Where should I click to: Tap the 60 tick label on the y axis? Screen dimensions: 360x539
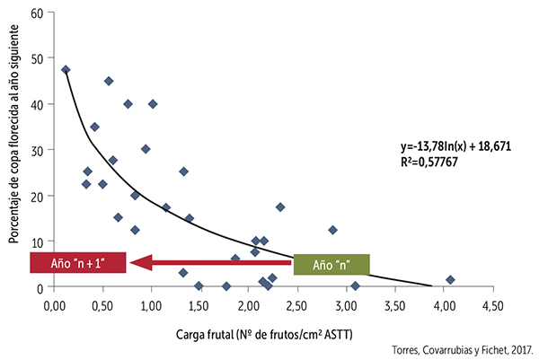click(x=37, y=13)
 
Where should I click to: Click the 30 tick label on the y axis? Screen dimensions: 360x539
click(x=37, y=150)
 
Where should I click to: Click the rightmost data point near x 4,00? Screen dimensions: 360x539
click(x=450, y=279)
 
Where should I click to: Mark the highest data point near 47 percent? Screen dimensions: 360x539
click(x=66, y=69)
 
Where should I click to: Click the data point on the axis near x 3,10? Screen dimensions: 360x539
click(x=355, y=286)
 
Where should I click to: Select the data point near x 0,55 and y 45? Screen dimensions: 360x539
click(x=109, y=81)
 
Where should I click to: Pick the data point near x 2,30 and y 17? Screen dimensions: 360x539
click(x=280, y=206)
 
